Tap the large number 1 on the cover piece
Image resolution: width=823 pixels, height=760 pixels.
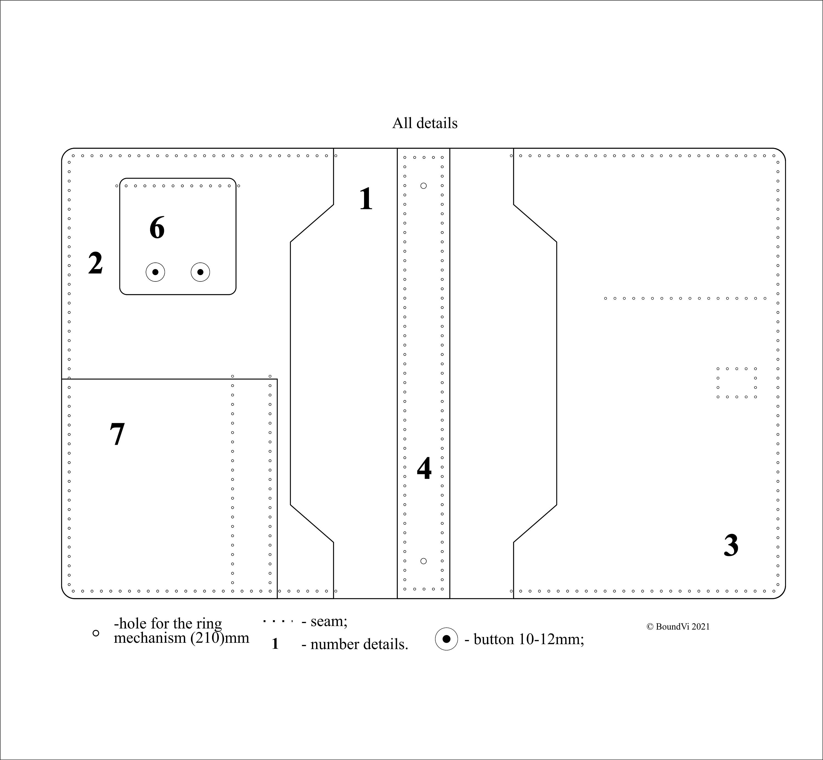point(366,199)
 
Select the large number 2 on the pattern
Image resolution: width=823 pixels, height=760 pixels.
point(95,263)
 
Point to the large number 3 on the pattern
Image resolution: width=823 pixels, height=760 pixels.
point(731,546)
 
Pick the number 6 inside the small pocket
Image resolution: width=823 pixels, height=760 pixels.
point(157,228)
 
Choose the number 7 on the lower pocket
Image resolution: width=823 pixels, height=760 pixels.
point(117,434)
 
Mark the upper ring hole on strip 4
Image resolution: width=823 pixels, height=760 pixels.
point(424,186)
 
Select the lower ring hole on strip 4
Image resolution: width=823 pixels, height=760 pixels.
point(424,561)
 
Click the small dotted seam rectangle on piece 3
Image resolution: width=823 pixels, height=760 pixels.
point(737,383)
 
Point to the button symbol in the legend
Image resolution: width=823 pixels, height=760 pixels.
point(446,639)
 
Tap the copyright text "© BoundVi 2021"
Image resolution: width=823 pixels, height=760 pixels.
point(678,627)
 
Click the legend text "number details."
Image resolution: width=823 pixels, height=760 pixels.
point(359,644)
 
